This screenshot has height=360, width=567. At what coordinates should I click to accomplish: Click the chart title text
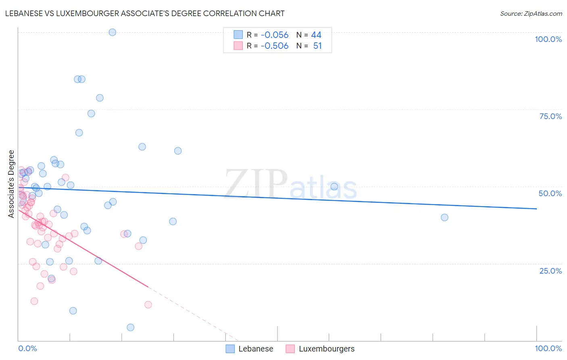click(145, 14)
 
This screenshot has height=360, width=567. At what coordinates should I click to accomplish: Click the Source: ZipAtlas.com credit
click(531, 14)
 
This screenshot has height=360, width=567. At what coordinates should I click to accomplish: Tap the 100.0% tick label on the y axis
click(548, 39)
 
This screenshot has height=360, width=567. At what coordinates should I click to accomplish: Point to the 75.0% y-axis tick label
click(550, 116)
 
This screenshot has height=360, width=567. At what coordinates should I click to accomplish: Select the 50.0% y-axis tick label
click(550, 193)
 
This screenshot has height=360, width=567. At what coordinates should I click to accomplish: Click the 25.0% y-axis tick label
click(550, 271)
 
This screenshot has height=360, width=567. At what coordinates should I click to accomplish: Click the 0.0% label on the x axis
click(28, 348)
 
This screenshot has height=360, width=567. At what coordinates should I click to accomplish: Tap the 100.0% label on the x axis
click(548, 348)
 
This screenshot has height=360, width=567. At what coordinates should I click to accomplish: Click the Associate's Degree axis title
click(11, 184)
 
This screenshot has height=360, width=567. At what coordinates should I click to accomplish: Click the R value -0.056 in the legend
click(274, 35)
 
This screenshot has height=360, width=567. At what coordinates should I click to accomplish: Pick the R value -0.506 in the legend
click(274, 46)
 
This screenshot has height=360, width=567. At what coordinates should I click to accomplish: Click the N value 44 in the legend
click(316, 35)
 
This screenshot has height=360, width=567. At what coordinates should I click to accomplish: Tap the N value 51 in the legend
click(317, 46)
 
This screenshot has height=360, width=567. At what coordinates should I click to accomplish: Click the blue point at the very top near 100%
click(113, 32)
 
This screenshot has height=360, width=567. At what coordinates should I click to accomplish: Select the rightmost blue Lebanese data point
click(444, 218)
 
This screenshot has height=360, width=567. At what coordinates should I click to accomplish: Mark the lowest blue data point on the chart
click(131, 327)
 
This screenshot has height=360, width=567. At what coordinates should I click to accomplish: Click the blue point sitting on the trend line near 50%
click(334, 186)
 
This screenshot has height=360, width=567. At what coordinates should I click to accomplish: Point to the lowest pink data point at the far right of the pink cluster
click(148, 305)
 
